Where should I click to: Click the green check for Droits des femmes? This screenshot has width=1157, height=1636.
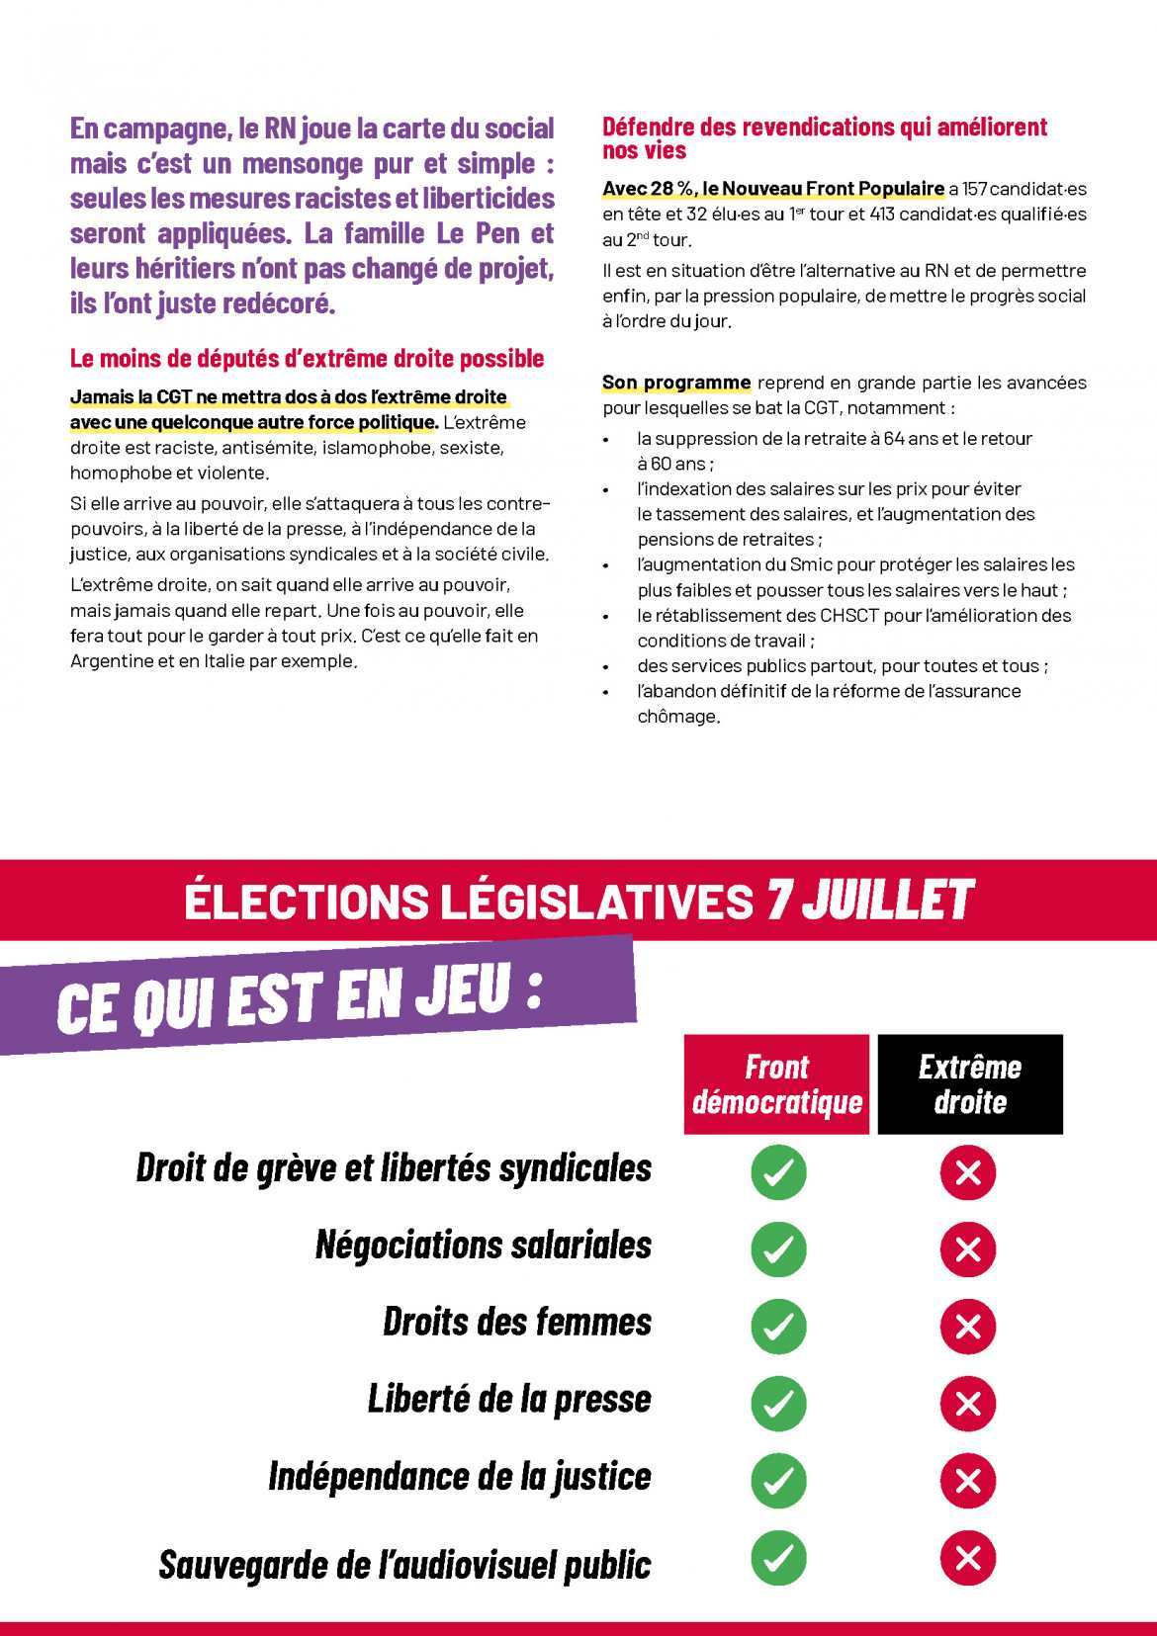pos(778,1326)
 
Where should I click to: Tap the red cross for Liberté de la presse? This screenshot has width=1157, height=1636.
pos(968,1403)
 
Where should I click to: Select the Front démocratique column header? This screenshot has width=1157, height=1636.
pos(776,1084)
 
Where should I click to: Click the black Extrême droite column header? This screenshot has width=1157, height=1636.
pos(969,1084)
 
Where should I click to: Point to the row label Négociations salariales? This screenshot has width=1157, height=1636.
pos(484,1245)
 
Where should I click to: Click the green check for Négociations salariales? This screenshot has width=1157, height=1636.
pos(778,1249)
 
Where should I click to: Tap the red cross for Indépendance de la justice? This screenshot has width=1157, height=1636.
pos(968,1480)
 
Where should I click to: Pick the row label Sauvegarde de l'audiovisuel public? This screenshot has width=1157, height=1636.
pos(405,1564)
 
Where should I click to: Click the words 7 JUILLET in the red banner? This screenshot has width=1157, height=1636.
pos(870,901)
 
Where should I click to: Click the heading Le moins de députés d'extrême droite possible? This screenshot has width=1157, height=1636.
pos(307,358)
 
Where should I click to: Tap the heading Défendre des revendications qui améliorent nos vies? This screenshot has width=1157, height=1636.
pos(824,138)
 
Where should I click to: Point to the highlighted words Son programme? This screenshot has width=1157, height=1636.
pos(676,383)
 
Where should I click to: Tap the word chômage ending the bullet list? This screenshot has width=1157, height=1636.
pos(677,717)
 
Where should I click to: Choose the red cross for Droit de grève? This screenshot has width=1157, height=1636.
pos(968,1172)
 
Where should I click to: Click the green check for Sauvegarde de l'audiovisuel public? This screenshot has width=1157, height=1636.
pos(778,1558)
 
